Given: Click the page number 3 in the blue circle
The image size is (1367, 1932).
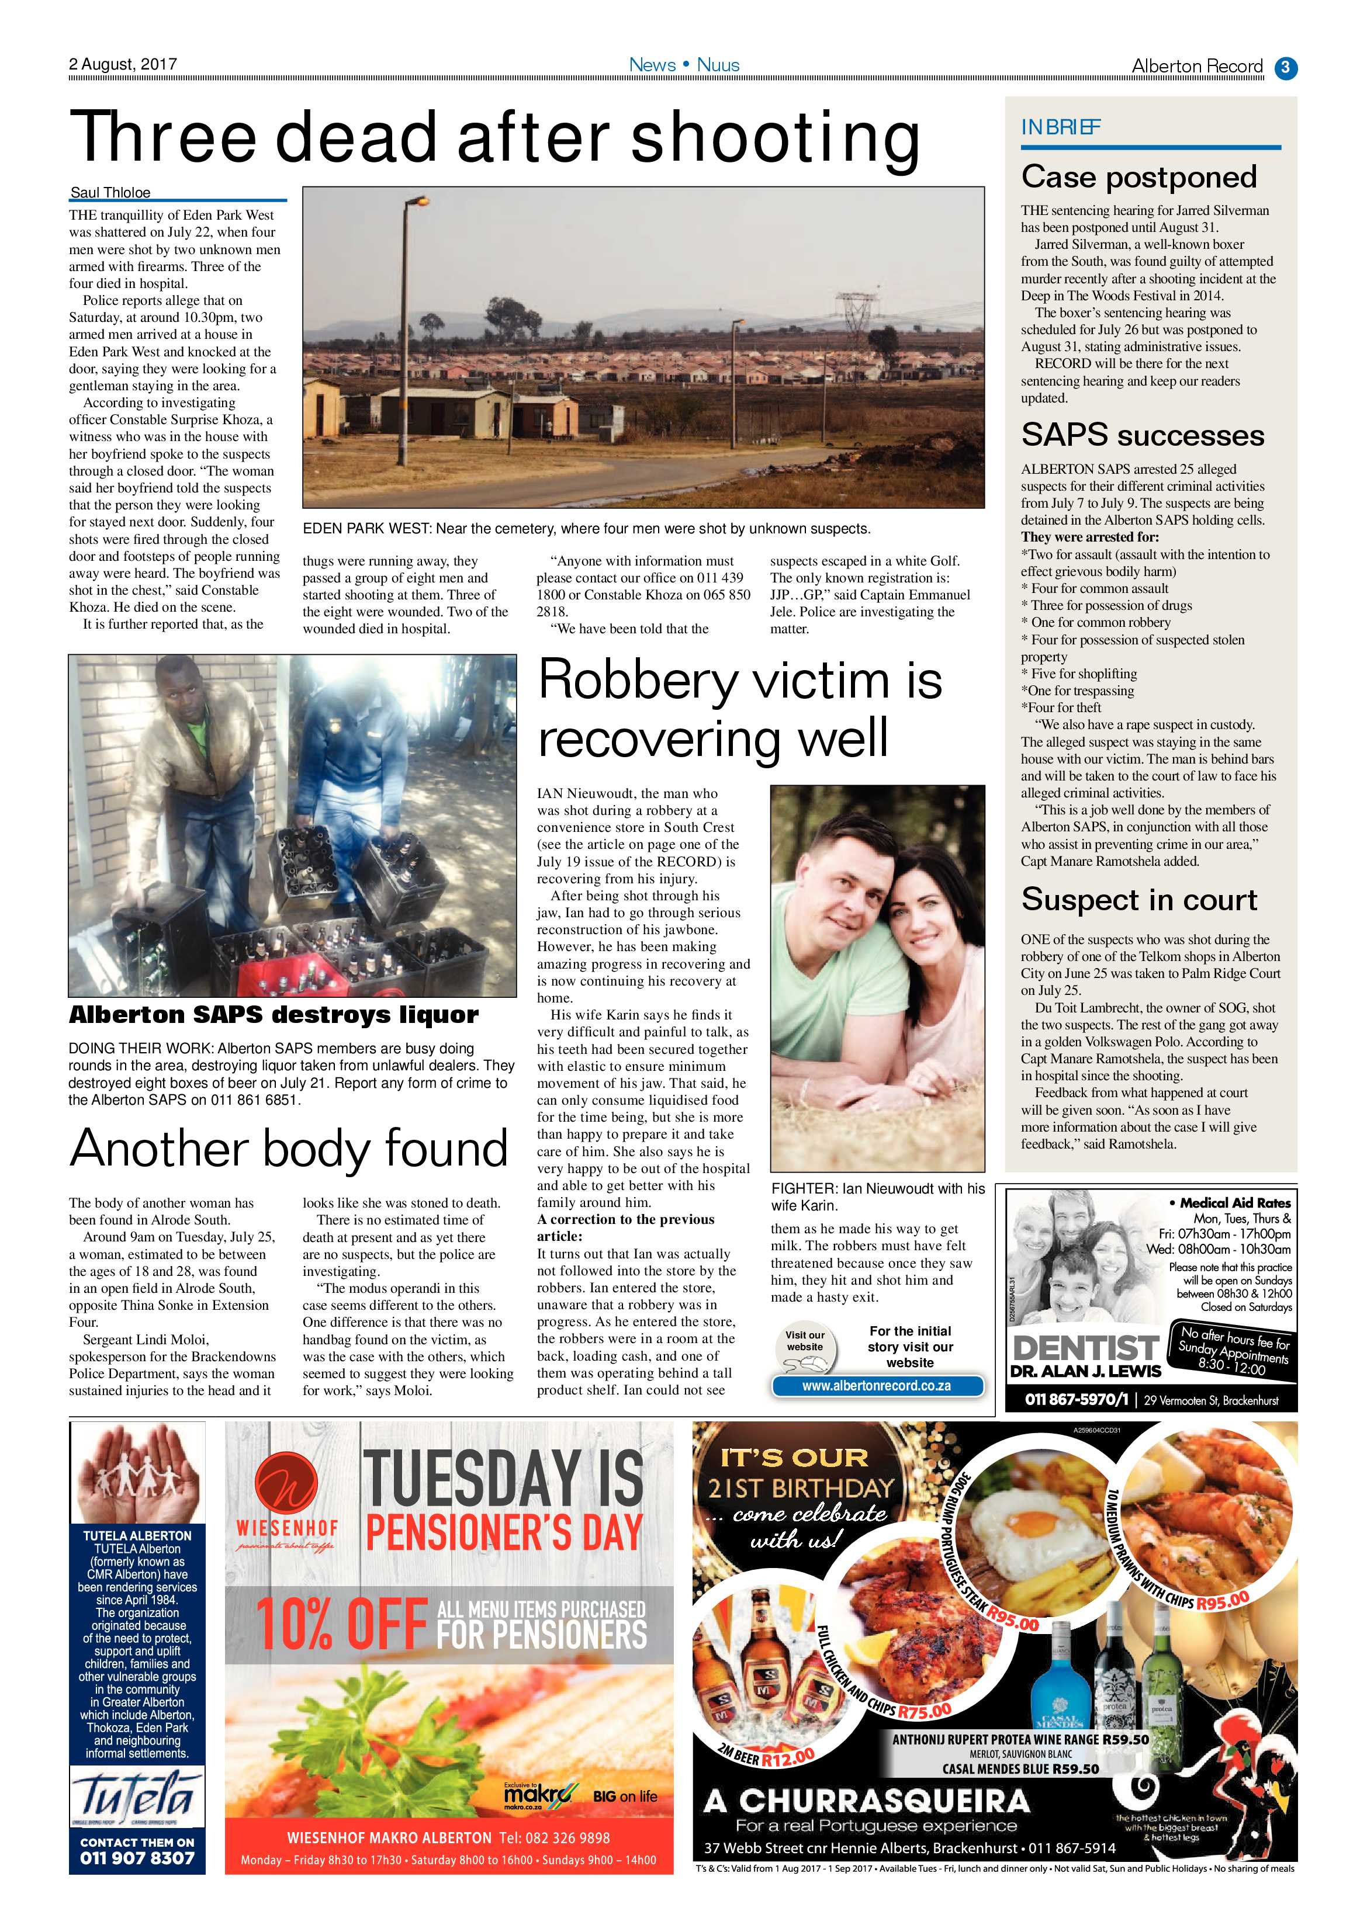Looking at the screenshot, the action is click(1286, 67).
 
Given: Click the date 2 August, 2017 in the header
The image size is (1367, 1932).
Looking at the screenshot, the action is click(123, 64).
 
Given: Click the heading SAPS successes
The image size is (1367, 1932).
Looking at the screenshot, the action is click(1142, 435).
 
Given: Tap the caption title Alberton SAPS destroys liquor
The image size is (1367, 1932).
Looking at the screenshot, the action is click(274, 1015).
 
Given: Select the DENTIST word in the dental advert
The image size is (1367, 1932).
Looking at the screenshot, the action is click(1085, 1347).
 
